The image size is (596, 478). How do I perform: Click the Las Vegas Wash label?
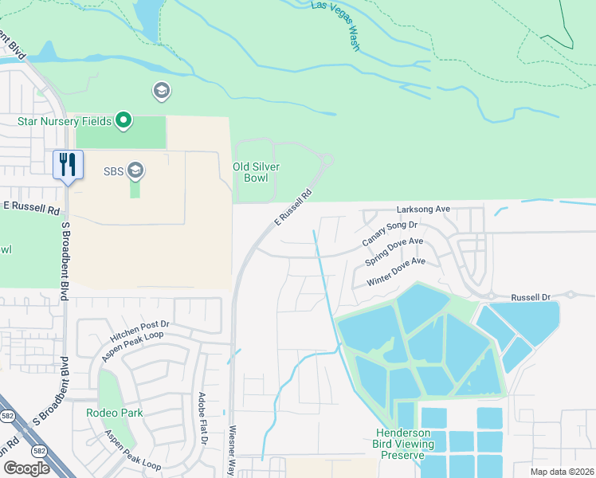coord(335,25)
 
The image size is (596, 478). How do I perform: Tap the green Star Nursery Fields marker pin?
coord(123,121)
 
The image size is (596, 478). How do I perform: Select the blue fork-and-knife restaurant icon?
coord(66,165)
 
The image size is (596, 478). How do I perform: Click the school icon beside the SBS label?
coord(135,170)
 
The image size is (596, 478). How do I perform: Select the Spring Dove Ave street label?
coord(394,252)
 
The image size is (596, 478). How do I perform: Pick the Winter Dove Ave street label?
coord(397,272)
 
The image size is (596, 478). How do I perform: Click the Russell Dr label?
coord(531,296)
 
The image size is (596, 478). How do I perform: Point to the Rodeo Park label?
coord(116,413)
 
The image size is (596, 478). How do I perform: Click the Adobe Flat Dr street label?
coord(203,418)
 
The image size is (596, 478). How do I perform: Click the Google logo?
coord(27,468)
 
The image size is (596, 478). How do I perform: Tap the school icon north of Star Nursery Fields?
coord(162,91)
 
